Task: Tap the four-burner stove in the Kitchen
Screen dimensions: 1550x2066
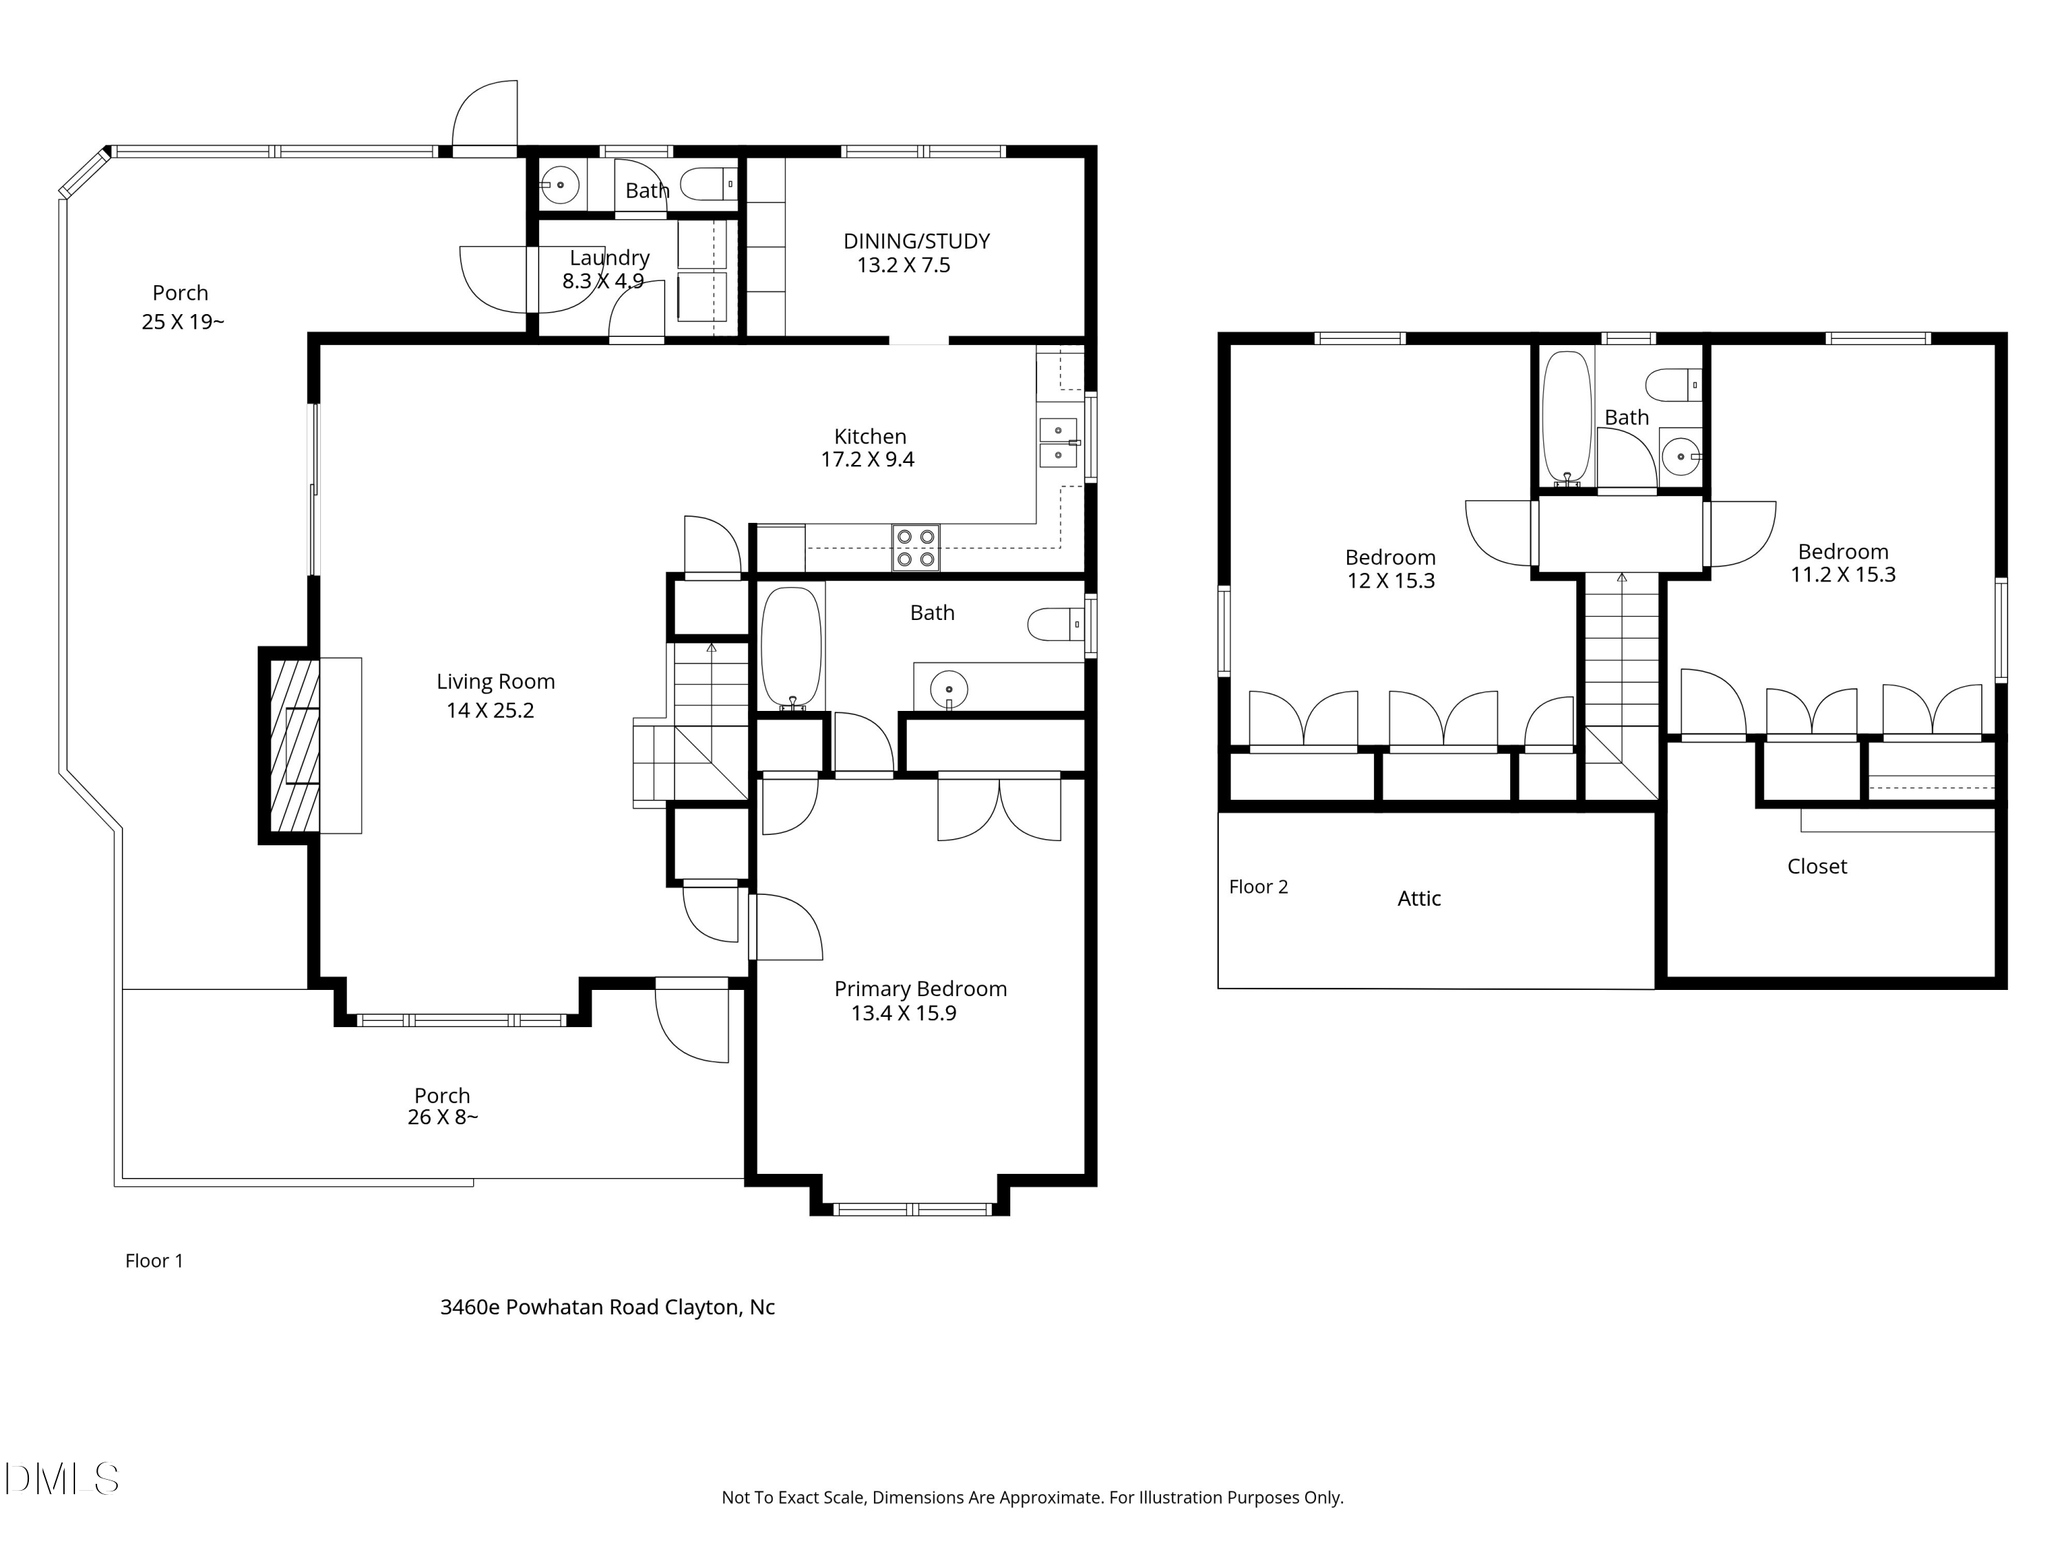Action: pos(915,548)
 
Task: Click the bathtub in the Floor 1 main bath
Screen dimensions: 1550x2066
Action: pos(791,648)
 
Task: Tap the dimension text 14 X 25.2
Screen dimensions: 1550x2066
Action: pos(490,710)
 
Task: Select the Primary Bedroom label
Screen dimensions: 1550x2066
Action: pos(920,989)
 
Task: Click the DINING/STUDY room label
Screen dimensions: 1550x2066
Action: pos(915,241)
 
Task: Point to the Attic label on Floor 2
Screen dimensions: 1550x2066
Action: pos(1418,899)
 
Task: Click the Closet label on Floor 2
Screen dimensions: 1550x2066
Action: pos(1816,866)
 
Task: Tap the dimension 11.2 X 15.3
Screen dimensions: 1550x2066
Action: pos(1842,575)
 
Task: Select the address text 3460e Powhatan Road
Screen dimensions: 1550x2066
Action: pos(607,1307)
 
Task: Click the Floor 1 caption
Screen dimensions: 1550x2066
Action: pos(154,1261)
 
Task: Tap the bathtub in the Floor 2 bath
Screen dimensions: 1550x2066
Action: pos(1565,416)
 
